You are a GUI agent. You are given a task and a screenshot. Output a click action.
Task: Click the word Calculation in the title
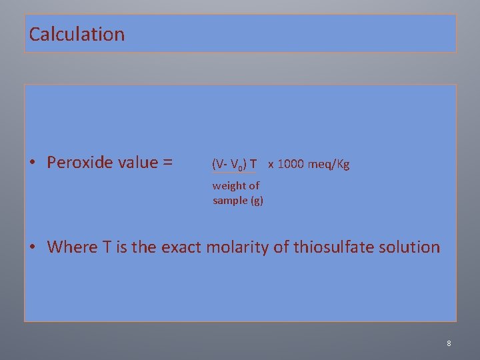click(77, 34)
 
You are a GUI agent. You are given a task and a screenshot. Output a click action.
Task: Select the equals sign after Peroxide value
click(167, 163)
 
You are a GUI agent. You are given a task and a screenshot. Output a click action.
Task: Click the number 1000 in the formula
click(289, 164)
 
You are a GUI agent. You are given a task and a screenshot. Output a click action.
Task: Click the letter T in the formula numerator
click(253, 164)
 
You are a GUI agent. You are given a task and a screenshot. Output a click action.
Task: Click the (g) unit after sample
click(257, 200)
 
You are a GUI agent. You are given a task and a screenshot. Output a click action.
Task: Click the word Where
click(71, 247)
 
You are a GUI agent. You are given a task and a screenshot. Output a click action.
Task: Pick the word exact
click(179, 247)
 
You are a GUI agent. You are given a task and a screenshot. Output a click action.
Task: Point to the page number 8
click(449, 343)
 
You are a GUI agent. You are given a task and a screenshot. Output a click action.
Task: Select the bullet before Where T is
click(33, 247)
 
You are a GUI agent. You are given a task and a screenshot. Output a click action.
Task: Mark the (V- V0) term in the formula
click(229, 164)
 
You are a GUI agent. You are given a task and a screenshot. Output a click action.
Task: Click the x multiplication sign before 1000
click(271, 164)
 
